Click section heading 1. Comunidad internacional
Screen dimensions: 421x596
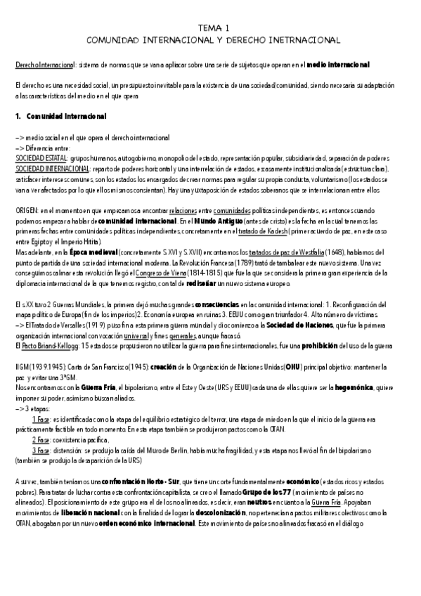60,115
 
